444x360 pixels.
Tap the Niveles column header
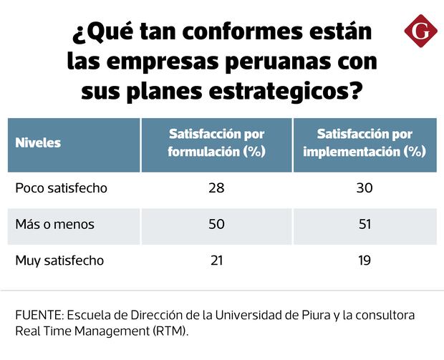click(x=38, y=142)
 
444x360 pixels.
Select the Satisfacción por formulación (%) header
click(x=216, y=142)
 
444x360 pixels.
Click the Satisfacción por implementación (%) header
click(x=365, y=142)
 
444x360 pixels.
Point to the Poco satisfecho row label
click(x=61, y=189)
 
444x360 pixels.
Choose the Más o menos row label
click(x=54, y=225)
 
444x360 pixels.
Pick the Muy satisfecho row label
click(x=59, y=261)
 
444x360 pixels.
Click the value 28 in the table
click(x=216, y=189)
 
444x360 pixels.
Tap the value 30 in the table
click(x=365, y=189)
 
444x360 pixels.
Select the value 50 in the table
click(x=216, y=225)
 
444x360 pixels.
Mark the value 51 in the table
click(x=365, y=225)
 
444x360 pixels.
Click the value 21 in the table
click(x=216, y=261)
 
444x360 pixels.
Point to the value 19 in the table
click(x=365, y=261)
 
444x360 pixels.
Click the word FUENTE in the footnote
click(x=38, y=316)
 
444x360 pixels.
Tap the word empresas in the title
click(x=161, y=63)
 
